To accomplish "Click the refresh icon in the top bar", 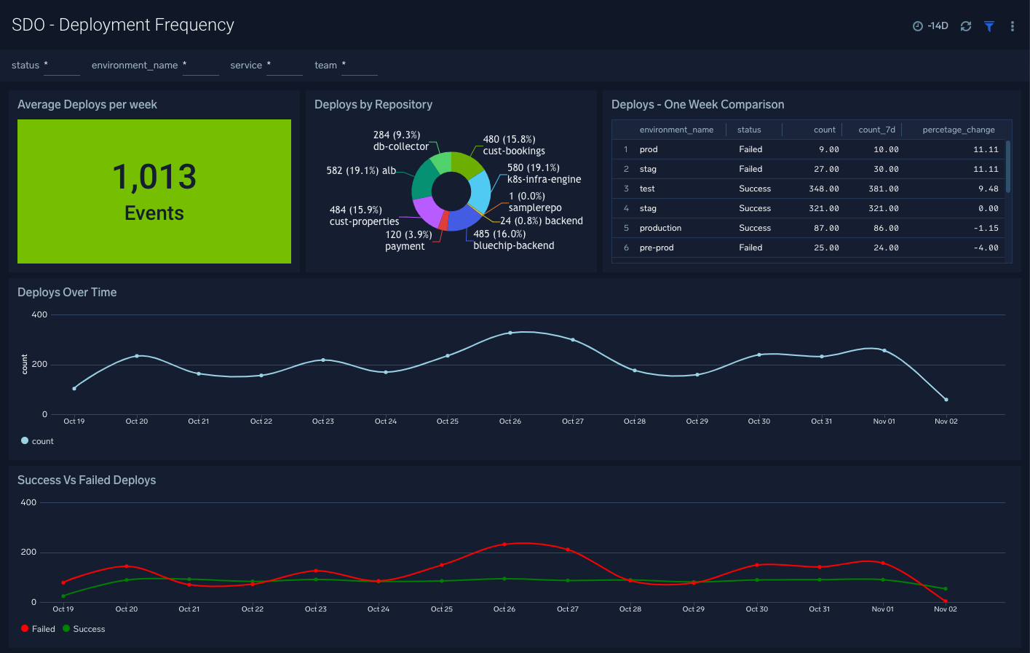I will [x=966, y=26].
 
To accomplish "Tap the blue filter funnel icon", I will [x=989, y=26].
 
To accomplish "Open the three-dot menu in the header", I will [x=1012, y=26].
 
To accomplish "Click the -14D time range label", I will [x=937, y=26].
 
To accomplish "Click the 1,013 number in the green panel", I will [x=154, y=177].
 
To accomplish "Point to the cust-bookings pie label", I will [x=513, y=151].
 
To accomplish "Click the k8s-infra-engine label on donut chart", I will [x=544, y=179].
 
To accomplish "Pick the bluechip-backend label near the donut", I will [x=513, y=245].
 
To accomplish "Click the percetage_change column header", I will [x=958, y=130].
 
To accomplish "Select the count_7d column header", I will [x=876, y=130].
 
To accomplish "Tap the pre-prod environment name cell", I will [x=657, y=248].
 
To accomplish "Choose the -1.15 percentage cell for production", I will [x=987, y=228].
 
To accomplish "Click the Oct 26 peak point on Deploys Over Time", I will [x=510, y=333].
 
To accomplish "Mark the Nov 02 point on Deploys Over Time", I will [x=946, y=400].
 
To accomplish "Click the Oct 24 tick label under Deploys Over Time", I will [x=386, y=422].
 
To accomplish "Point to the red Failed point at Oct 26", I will [x=504, y=544].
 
